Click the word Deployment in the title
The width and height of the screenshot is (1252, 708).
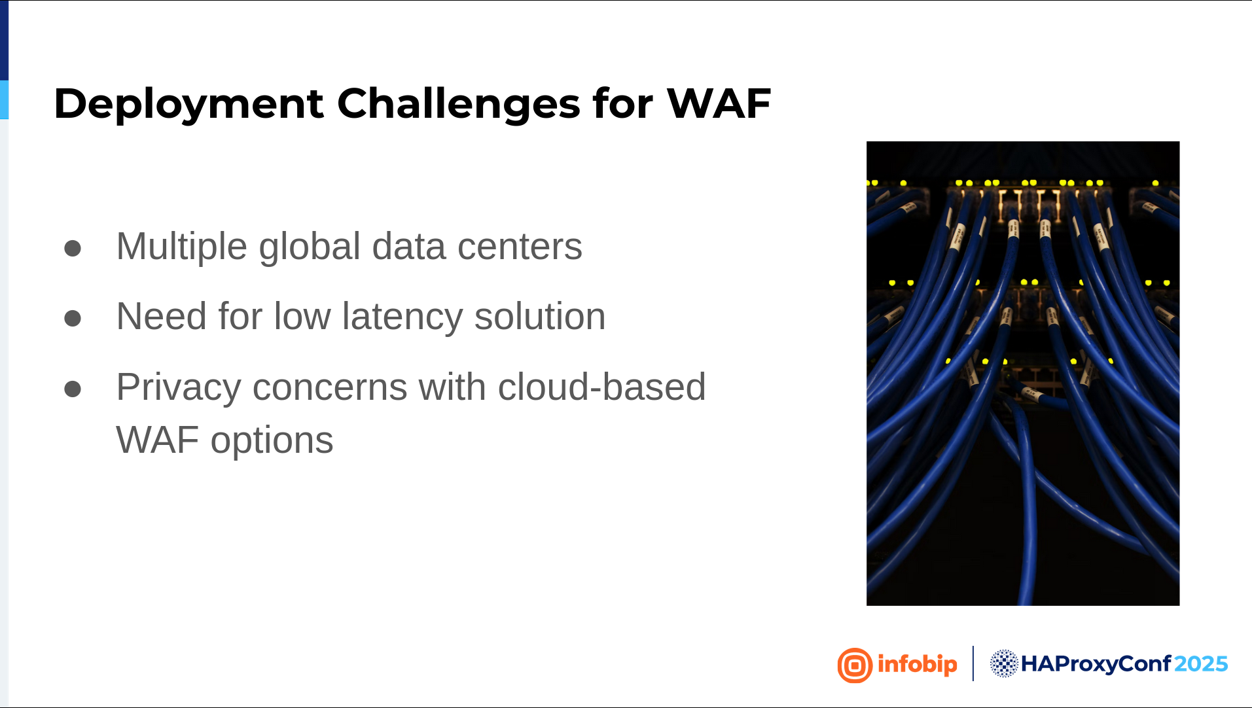(188, 104)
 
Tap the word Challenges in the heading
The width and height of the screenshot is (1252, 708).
(458, 104)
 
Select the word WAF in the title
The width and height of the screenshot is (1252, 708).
(719, 103)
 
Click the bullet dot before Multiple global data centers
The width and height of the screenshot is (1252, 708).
(73, 249)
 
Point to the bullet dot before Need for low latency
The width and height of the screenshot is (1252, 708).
(73, 319)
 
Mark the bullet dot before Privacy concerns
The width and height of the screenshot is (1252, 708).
(73, 389)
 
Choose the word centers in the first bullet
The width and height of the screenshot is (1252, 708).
(520, 247)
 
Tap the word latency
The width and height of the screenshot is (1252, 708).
(402, 317)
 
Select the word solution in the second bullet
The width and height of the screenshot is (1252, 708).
(540, 317)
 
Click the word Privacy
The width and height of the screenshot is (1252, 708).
(179, 387)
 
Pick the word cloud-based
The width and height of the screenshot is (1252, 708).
(601, 387)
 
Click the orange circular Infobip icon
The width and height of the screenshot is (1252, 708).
(855, 665)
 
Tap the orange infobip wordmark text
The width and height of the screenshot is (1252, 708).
(918, 665)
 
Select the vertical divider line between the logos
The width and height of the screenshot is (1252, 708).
(973, 664)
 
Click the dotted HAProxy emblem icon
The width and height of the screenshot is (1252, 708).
(1004, 664)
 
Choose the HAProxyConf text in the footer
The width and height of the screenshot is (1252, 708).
(1096, 664)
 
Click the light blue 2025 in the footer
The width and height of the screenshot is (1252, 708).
(1201, 664)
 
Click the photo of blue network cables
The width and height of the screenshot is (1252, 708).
(1023, 374)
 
